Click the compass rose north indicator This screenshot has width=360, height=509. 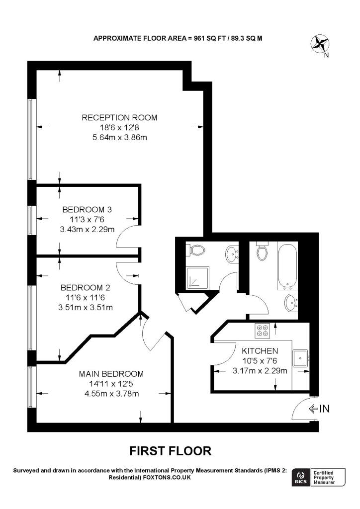(x=319, y=44)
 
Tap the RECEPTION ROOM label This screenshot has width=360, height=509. (x=119, y=118)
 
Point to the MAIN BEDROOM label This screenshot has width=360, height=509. (x=111, y=374)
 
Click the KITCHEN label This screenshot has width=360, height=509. (x=260, y=350)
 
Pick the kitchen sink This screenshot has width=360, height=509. (x=300, y=357)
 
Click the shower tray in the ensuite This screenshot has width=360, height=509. (x=197, y=278)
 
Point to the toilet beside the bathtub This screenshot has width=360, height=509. (x=262, y=251)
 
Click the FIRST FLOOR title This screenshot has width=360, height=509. (x=170, y=451)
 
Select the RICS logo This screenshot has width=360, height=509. (x=300, y=477)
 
